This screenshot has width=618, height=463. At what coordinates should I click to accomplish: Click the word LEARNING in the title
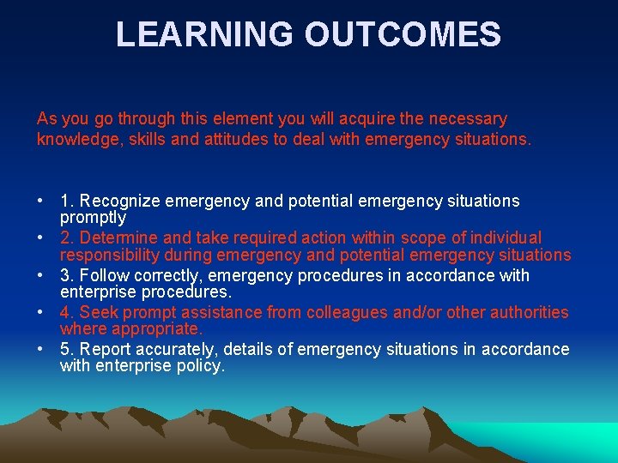[x=203, y=34]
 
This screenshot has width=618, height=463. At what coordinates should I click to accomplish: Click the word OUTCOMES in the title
[x=403, y=34]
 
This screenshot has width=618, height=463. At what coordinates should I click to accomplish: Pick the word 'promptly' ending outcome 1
[x=93, y=218]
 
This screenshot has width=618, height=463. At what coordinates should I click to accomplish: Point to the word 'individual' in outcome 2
[x=506, y=238]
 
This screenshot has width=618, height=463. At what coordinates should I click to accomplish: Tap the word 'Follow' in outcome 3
[x=103, y=275]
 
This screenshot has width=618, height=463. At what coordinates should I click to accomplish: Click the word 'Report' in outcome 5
[x=105, y=349]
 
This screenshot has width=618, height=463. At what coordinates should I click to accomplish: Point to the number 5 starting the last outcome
[x=65, y=349]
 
